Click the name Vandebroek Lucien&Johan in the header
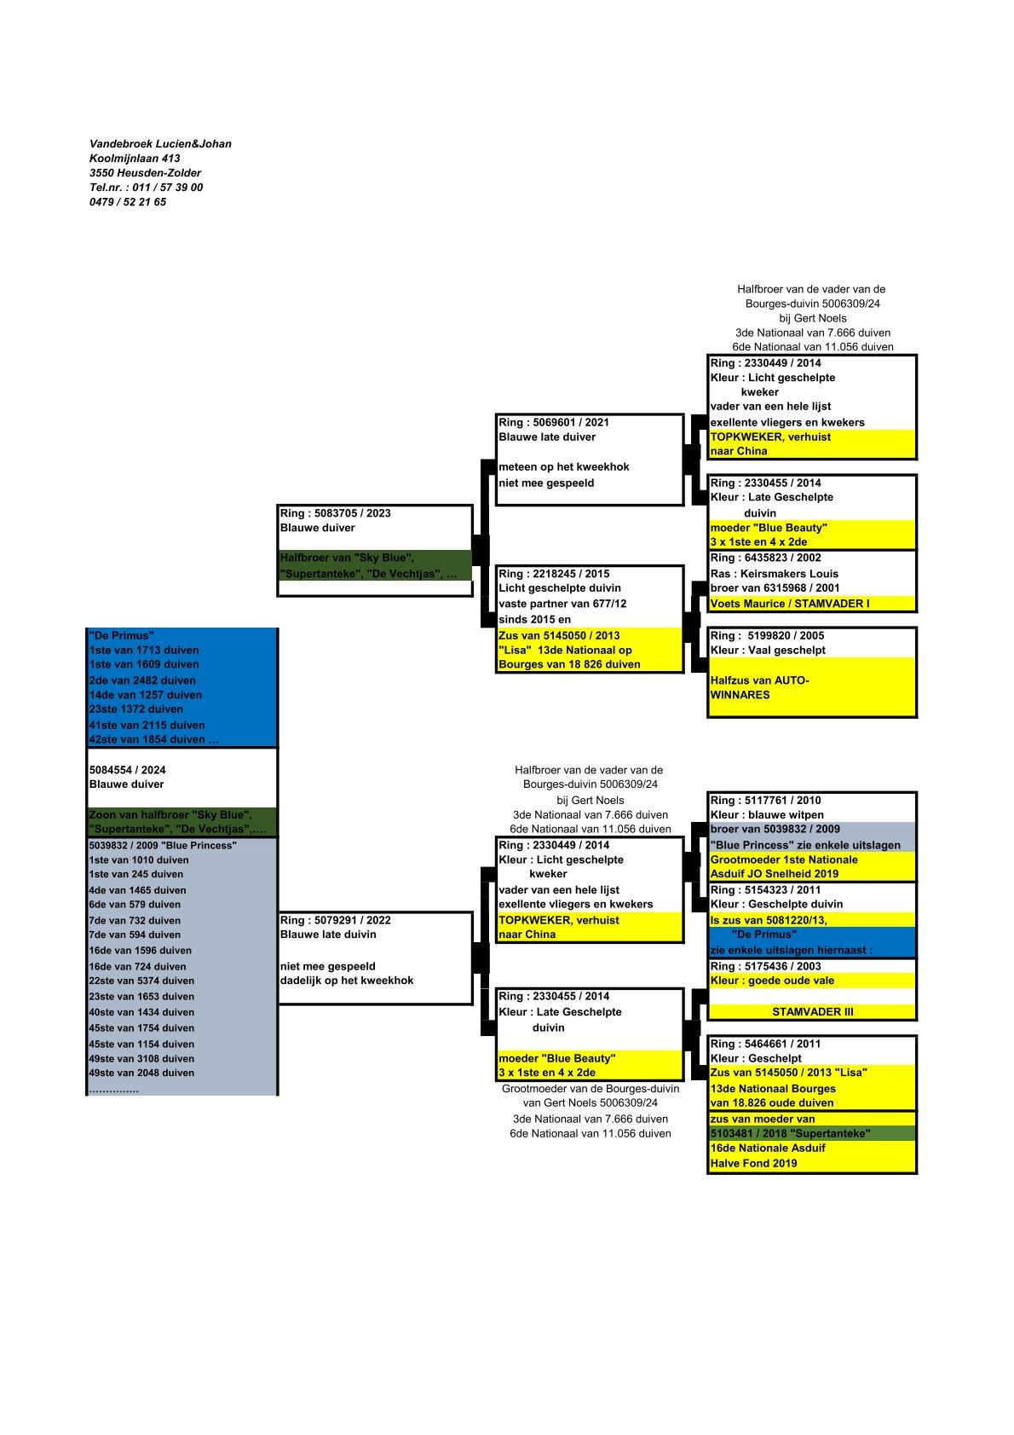pos(160,144)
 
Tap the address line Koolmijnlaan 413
pos(135,159)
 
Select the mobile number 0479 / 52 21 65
pos(128,202)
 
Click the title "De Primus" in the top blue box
pos(121,635)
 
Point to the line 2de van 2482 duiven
pos(142,680)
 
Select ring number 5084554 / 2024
pos(128,770)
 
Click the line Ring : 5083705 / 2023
pos(336,513)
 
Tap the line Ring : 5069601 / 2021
pos(554,422)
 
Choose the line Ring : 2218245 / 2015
pos(554,574)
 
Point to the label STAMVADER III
pos(812,1012)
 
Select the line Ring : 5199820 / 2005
pos(767,635)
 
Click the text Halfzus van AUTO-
pos(759,680)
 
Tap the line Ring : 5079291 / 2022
pos(336,920)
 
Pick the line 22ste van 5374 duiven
pos(141,981)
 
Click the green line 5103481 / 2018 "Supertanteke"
pos(790,1133)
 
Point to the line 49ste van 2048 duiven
pos(141,1073)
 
